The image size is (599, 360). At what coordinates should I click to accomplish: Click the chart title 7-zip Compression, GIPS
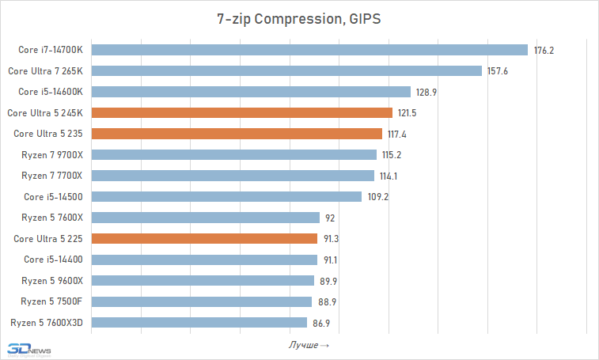(299, 18)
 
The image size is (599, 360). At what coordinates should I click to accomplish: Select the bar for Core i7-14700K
(309, 50)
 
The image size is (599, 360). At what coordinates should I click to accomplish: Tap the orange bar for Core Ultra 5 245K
(242, 112)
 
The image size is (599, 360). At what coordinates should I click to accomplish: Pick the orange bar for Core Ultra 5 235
(237, 134)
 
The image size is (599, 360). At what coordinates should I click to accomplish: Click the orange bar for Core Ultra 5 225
(205, 238)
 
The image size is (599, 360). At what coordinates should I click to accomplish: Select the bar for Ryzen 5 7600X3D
(199, 322)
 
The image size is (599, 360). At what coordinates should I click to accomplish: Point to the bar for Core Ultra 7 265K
(286, 70)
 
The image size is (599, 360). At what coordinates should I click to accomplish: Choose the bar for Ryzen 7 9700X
(234, 154)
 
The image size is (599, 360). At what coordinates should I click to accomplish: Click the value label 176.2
(544, 51)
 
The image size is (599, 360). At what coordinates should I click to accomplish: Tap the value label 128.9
(427, 93)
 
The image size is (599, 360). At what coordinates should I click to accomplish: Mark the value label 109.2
(377, 197)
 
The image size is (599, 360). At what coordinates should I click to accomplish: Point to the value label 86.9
(321, 323)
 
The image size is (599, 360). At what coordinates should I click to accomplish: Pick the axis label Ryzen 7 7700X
(52, 176)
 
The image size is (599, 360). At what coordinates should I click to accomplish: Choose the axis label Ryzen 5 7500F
(52, 301)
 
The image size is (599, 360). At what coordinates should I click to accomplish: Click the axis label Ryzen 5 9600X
(52, 280)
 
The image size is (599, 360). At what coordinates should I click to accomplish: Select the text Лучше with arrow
(309, 345)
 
